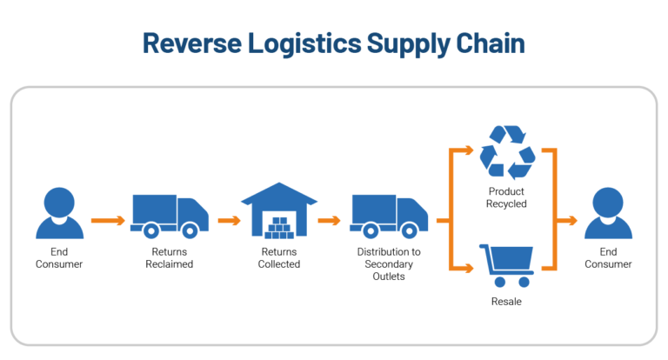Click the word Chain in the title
490,43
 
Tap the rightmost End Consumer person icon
608,212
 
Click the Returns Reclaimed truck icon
170,216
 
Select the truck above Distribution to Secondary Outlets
389,216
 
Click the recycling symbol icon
508,152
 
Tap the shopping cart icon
507,266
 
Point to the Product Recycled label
507,197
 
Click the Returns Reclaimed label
170,257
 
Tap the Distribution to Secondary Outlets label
389,263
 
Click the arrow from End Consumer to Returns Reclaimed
108,220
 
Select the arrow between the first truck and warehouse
229,220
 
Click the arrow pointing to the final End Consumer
566,220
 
